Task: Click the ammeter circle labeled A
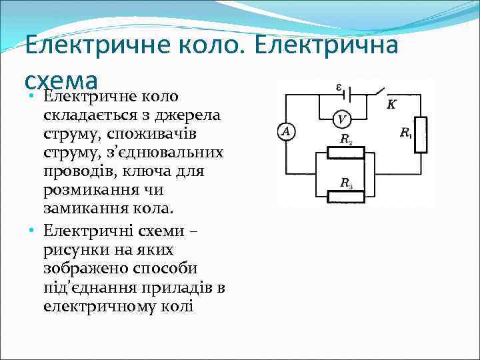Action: tap(286, 131)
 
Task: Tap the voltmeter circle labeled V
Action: tap(342, 119)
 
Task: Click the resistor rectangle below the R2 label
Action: tap(345, 153)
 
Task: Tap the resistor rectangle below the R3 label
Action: tap(345, 197)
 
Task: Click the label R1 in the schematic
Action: tap(406, 133)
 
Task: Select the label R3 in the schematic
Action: tap(346, 183)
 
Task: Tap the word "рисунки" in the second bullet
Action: tap(73, 249)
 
